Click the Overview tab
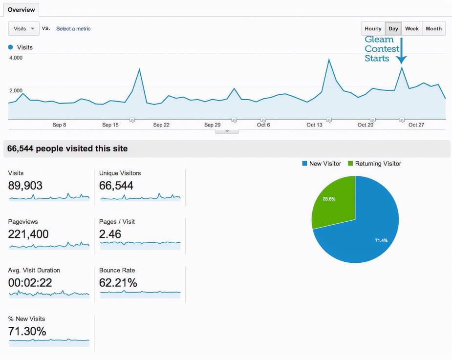(21, 10)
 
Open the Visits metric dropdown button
(23, 29)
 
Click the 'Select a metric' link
(73, 29)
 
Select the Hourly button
(373, 29)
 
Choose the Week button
(411, 29)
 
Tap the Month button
(433, 29)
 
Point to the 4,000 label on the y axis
(16, 58)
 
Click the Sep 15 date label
(110, 125)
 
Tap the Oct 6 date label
(263, 125)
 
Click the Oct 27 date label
(416, 125)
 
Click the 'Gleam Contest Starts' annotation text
(382, 49)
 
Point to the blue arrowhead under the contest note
(401, 61)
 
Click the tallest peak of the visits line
(329, 60)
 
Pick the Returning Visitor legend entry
(374, 164)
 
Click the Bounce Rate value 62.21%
(118, 283)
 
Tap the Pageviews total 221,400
(28, 234)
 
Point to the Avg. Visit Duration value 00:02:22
(30, 283)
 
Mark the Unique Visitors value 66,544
(116, 186)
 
